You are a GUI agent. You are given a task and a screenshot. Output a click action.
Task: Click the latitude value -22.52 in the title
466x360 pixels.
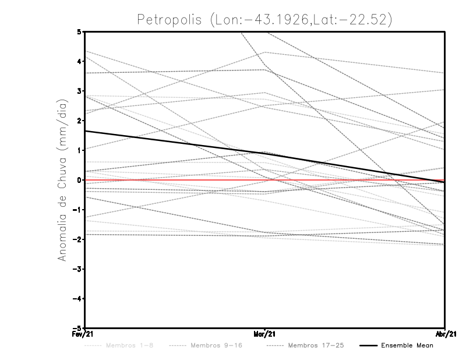365,20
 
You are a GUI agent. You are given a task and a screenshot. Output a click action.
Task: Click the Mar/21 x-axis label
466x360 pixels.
265,334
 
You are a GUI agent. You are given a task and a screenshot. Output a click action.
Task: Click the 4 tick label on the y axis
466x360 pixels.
79,61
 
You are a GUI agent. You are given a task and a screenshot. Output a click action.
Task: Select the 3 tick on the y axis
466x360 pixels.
79,91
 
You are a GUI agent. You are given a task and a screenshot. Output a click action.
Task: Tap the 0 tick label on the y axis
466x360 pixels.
79,180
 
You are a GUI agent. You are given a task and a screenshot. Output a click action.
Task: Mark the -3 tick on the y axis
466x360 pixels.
78,269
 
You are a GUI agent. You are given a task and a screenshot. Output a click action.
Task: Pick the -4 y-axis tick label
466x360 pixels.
78,299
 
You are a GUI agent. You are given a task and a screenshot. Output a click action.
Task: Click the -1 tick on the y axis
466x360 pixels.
78,210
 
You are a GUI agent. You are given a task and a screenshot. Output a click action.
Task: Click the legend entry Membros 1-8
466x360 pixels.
123,345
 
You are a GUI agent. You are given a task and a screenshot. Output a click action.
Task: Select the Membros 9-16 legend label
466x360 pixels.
216,345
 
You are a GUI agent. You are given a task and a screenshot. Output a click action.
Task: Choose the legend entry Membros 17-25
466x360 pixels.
316,345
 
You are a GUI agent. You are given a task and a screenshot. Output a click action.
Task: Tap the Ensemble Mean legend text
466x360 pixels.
407,345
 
